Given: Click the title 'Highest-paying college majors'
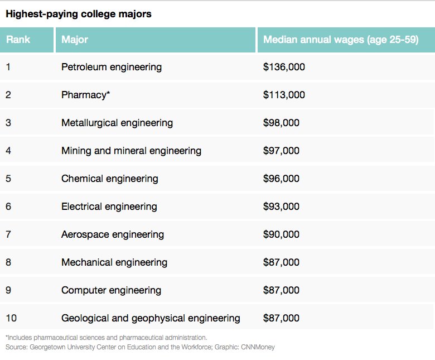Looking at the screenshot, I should coord(78,14).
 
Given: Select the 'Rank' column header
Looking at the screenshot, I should coord(18,40).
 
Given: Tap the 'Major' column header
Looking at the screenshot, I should coord(75,40).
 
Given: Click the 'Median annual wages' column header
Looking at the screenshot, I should coord(340,40).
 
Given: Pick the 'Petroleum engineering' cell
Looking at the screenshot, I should coord(112,67).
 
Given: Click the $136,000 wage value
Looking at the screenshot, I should coord(284,67).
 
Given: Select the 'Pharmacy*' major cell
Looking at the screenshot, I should coord(86,95).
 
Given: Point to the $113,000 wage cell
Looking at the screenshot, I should coord(284,95).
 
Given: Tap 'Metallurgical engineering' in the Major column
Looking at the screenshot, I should coord(117,123).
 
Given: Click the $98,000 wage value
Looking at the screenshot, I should coord(281,123).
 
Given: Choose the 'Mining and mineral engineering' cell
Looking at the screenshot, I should coord(131,151).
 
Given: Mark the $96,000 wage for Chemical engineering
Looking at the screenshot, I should coord(281,179).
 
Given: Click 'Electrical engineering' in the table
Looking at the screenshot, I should coord(109,207).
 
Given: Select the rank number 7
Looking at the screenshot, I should coord(8,234).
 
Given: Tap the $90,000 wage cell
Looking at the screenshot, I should coord(281,234).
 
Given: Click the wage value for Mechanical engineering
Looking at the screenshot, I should coord(281,262).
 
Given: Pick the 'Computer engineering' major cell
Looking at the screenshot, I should coord(111,290).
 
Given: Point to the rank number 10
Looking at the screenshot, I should coord(11,318).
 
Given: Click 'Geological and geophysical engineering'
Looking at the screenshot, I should coord(151,318).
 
